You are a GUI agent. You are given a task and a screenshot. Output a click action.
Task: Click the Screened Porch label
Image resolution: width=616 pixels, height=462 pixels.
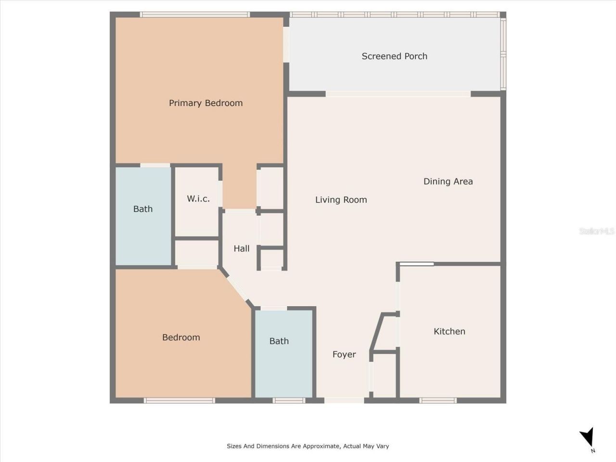click(394, 56)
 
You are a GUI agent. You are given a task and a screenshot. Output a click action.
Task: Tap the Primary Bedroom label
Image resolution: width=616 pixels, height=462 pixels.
click(205, 103)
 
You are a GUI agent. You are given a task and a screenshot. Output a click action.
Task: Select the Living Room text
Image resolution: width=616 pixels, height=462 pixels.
click(341, 200)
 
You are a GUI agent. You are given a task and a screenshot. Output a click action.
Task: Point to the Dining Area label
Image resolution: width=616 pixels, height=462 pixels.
click(448, 181)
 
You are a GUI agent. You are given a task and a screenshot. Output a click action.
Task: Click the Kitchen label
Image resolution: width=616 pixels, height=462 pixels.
click(449, 332)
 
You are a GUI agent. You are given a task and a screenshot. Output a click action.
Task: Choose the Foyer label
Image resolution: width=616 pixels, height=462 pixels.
click(344, 355)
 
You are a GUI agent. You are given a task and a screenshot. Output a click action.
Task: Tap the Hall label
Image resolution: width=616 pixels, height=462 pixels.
click(242, 249)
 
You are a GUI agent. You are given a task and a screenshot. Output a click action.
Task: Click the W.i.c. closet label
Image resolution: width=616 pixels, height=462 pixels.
click(198, 199)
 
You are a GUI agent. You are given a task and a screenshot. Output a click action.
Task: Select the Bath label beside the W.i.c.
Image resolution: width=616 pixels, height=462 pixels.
click(143, 209)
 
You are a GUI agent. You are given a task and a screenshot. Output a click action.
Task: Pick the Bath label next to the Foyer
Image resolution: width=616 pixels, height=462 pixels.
click(279, 341)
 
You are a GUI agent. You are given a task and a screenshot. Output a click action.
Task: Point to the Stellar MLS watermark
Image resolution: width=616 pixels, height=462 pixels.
click(597, 231)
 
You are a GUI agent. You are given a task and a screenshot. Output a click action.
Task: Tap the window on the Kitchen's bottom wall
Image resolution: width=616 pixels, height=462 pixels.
click(438, 400)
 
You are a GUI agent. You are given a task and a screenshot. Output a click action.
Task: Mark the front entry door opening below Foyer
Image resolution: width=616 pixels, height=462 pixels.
click(344, 400)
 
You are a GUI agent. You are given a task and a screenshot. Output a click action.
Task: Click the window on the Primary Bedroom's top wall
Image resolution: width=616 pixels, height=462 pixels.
click(195, 14)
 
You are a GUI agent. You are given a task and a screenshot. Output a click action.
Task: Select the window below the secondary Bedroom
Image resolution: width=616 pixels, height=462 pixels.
click(180, 400)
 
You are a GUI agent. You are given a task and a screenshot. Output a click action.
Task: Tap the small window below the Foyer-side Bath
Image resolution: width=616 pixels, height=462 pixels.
click(289, 400)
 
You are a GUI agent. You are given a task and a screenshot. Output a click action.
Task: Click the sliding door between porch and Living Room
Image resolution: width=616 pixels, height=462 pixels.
click(398, 94)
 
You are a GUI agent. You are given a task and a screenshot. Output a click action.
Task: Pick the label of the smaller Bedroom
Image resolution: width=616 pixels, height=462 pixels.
click(181, 337)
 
